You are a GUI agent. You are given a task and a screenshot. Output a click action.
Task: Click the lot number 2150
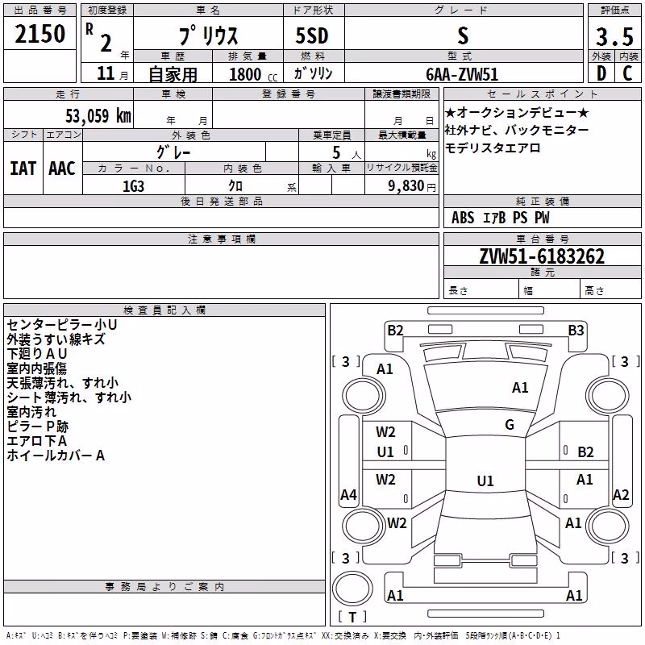pyautogui.click(x=40, y=34)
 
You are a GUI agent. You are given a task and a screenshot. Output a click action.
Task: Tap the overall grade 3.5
pyautogui.click(x=614, y=36)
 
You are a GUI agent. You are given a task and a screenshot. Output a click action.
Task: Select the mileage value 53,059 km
pyautogui.click(x=98, y=115)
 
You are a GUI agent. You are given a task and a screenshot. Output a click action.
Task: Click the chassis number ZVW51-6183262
pyautogui.click(x=542, y=256)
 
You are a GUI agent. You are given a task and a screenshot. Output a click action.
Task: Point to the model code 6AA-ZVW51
pyautogui.click(x=462, y=74)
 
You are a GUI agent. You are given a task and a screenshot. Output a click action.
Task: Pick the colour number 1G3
pyautogui.click(x=133, y=186)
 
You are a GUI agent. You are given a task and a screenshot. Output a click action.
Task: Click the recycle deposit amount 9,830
pyautogui.click(x=406, y=186)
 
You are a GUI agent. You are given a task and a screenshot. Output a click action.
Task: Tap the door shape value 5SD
pyautogui.click(x=312, y=35)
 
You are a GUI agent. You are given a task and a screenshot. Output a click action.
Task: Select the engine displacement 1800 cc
pyautogui.click(x=253, y=74)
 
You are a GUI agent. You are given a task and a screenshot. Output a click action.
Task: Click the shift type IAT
pyautogui.click(x=23, y=169)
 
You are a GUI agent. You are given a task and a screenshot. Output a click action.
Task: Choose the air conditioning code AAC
pyautogui.click(x=62, y=169)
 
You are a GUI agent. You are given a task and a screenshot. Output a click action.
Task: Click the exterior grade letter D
pyautogui.click(x=601, y=73)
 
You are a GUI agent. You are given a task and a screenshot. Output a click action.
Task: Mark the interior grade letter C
pyautogui.click(x=628, y=73)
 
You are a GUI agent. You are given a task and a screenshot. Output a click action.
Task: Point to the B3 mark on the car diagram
pyautogui.click(x=576, y=331)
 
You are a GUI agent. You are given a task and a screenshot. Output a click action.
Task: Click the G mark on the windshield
pyautogui.click(x=510, y=425)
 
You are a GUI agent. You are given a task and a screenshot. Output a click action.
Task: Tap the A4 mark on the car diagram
pyautogui.click(x=348, y=494)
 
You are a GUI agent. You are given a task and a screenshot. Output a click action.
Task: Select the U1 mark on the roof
pyautogui.click(x=485, y=481)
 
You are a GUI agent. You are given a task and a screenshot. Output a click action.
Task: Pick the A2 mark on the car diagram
pyautogui.click(x=621, y=494)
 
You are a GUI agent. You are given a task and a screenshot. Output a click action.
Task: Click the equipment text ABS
pyautogui.click(x=463, y=218)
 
